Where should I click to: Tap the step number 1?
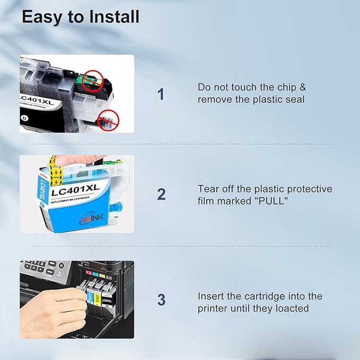click(161, 94)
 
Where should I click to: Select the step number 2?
click(161, 195)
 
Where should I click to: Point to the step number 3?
click(161, 300)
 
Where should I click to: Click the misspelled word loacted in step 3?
click(289, 308)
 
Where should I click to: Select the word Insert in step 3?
click(210, 296)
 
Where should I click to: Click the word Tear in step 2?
click(208, 189)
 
